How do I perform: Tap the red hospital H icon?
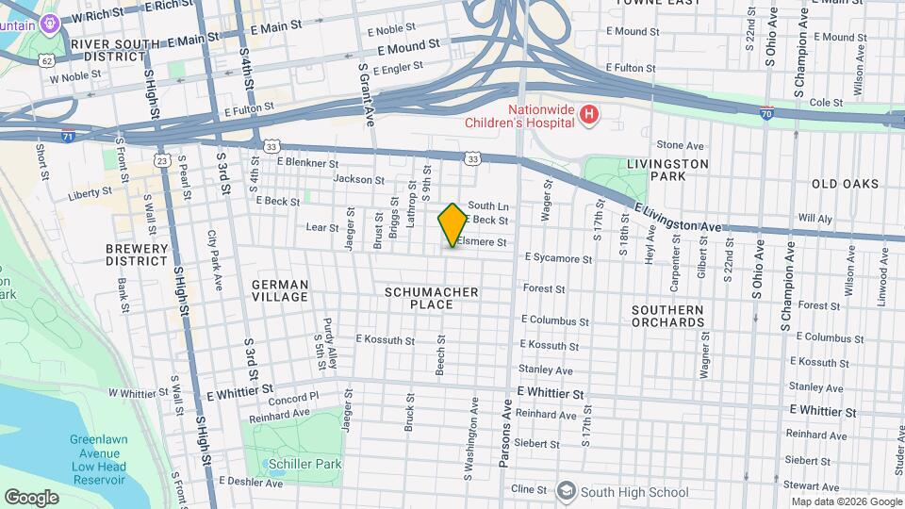(589, 115)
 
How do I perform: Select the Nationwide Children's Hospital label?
(519, 115)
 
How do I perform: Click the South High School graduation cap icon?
(566, 490)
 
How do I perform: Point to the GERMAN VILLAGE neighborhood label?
(280, 290)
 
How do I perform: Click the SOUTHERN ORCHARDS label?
(667, 316)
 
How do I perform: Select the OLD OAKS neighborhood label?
(845, 184)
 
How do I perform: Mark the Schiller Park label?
(291, 464)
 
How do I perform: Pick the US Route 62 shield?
(46, 60)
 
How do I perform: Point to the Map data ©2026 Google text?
(846, 501)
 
